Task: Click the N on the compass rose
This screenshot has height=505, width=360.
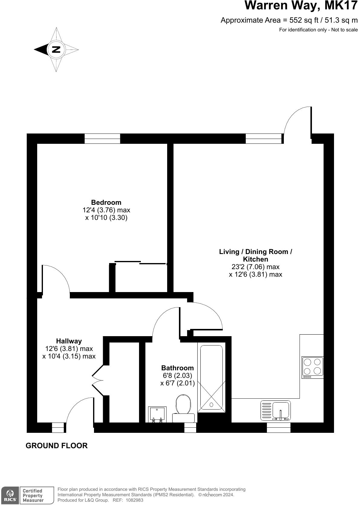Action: [56, 50]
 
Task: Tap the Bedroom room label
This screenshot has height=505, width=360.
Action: [106, 202]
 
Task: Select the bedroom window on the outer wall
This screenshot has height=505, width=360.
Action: [102, 139]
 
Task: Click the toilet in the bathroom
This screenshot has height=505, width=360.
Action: [183, 405]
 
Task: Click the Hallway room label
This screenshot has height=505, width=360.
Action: [69, 341]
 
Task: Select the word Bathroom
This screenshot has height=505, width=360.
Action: [177, 368]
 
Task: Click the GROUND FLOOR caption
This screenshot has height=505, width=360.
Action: [57, 445]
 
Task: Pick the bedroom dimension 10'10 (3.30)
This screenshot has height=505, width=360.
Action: [106, 217]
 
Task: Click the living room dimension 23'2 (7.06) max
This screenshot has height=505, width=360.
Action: [255, 267]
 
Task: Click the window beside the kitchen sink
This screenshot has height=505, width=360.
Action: [278, 427]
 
